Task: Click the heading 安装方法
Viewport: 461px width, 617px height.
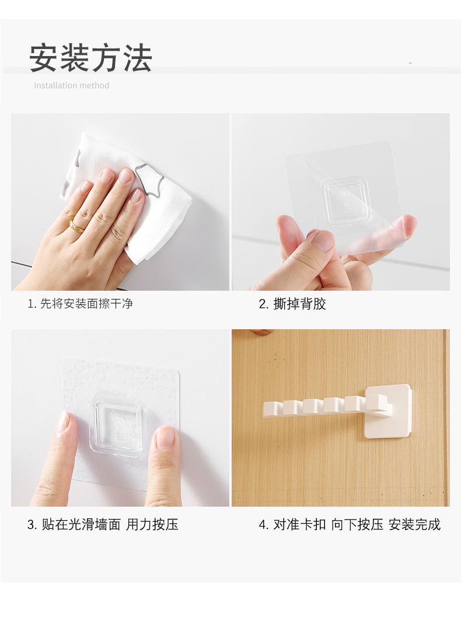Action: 90,58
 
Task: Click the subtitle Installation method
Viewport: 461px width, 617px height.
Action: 71,85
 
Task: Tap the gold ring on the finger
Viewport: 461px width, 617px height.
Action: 77,226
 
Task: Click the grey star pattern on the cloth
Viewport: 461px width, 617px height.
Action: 149,179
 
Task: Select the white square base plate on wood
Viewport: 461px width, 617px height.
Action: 387,411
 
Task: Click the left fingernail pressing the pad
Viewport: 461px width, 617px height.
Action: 64,421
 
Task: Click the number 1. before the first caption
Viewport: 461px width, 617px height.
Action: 32,304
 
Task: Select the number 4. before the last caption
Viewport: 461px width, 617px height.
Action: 264,525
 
